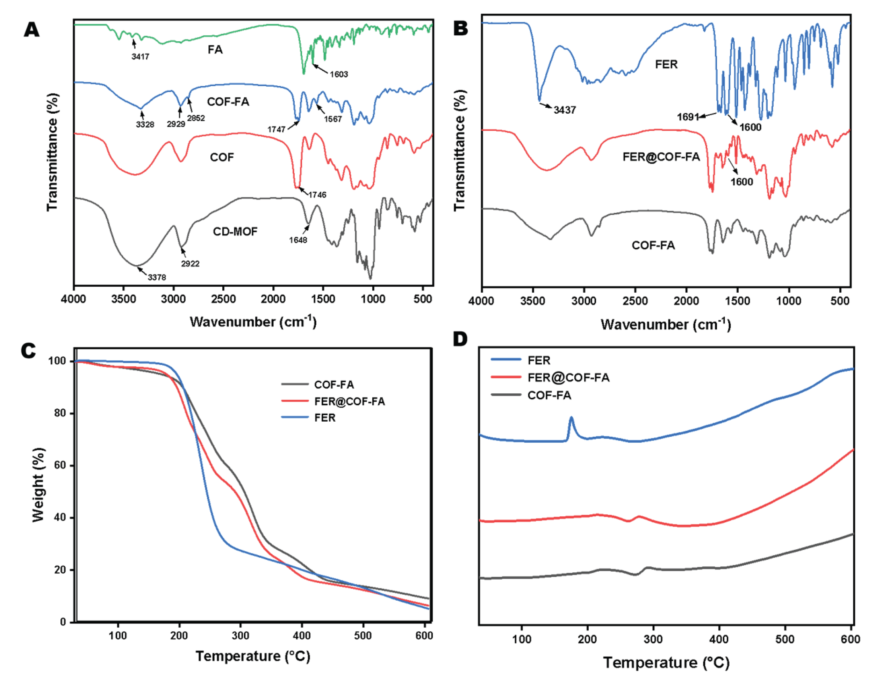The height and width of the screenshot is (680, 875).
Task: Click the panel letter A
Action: [x=32, y=30]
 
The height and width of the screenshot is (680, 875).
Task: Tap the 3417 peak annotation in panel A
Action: [x=140, y=57]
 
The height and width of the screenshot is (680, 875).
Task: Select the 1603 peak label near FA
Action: [x=339, y=74]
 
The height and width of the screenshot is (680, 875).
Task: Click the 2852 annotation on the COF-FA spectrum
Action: [x=196, y=118]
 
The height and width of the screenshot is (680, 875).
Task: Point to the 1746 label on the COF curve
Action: [x=317, y=195]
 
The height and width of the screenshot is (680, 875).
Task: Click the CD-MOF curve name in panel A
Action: [x=235, y=231]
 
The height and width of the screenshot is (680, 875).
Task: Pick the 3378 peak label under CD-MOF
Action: [x=157, y=277]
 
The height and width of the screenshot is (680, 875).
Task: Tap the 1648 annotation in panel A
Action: [x=298, y=240]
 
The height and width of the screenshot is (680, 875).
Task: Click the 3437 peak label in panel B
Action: [x=565, y=110]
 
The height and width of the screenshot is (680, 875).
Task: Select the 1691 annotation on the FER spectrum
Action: [x=688, y=117]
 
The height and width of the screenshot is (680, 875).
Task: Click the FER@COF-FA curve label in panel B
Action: [x=661, y=157]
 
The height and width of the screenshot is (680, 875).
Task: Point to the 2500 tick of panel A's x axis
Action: [x=224, y=299]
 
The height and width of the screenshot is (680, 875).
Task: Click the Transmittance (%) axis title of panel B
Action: [x=460, y=150]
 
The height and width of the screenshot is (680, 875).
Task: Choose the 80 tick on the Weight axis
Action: [x=60, y=413]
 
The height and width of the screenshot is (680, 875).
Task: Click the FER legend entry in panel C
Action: [x=324, y=417]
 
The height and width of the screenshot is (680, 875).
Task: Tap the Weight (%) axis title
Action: [x=38, y=485]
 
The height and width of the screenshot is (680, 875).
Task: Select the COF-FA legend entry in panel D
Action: [x=549, y=395]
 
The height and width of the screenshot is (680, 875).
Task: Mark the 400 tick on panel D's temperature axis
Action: [x=719, y=639]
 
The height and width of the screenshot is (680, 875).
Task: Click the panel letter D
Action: [x=460, y=339]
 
